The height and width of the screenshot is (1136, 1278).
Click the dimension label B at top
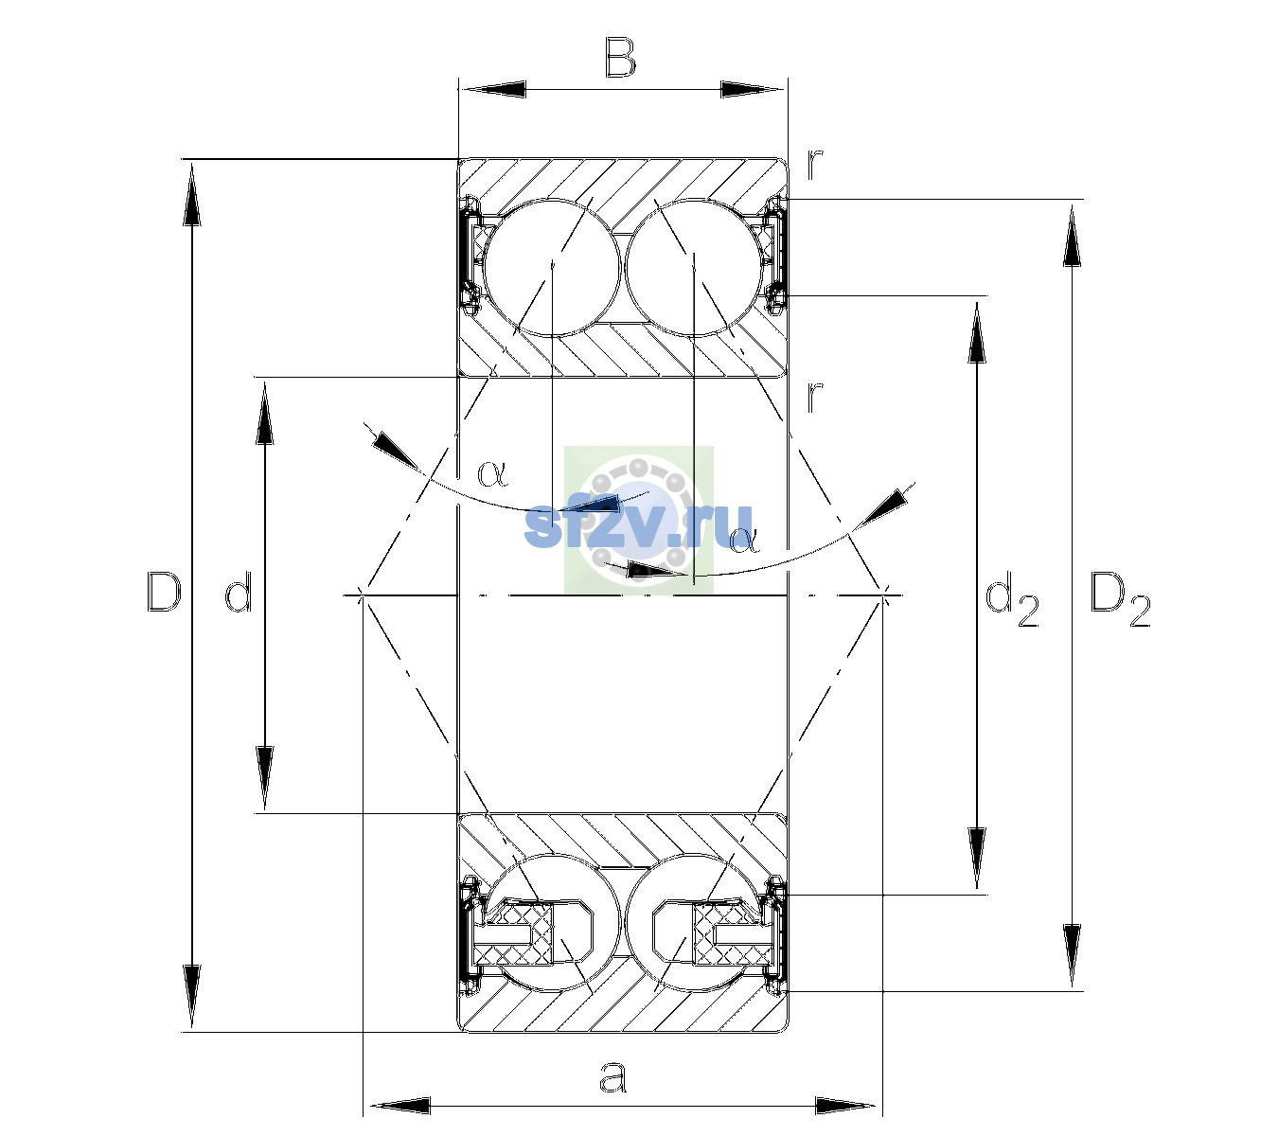(x=620, y=58)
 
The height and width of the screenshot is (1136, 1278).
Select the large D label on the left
(x=164, y=592)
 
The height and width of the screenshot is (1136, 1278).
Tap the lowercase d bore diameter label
(x=239, y=592)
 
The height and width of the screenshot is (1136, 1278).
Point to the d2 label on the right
(x=1012, y=598)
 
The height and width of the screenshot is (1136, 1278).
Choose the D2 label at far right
(x=1120, y=599)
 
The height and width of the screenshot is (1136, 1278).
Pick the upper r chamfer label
(x=815, y=165)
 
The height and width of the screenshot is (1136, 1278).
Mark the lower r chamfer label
(x=815, y=398)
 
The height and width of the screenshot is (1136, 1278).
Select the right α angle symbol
(x=744, y=540)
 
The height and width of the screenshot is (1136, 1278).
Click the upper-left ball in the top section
(x=553, y=268)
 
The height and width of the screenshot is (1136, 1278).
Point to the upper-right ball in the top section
(x=693, y=268)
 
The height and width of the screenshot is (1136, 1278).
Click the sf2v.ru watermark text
(x=638, y=525)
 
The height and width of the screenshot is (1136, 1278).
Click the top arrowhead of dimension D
(x=192, y=192)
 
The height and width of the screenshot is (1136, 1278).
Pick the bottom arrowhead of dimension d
(x=265, y=778)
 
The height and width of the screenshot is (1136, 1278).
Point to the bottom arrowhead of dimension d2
(x=977, y=859)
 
